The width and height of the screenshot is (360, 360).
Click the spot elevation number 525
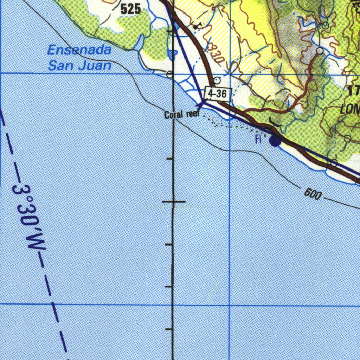tap(130, 9)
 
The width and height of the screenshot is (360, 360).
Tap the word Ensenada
tap(79, 50)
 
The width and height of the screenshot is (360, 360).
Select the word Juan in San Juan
tap(96, 65)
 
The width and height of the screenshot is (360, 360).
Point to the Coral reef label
tap(182, 114)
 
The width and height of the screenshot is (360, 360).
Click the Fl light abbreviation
tap(258, 140)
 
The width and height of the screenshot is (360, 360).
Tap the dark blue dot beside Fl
tap(275, 141)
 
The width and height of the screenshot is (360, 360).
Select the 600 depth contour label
tap(312, 194)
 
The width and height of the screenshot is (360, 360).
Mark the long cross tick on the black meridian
tap(173, 202)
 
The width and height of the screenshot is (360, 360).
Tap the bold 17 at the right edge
tap(354, 90)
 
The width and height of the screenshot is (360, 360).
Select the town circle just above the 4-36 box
tap(217, 81)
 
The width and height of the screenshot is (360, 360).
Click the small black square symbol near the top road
tap(195, 27)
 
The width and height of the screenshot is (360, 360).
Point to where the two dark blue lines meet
tap(203, 102)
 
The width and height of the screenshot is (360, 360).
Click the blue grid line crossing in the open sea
tap(229, 305)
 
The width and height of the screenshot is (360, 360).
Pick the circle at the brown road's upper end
tap(320, 51)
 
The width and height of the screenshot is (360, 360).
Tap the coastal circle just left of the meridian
tap(169, 74)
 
